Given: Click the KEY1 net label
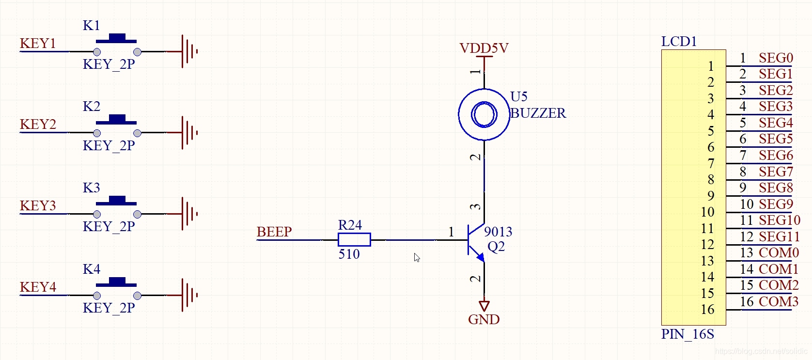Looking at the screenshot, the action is (38, 44).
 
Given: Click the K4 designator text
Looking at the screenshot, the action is (92, 269).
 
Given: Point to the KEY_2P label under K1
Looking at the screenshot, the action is (109, 64).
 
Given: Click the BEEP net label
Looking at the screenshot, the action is (274, 232).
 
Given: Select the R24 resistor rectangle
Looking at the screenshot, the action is (354, 240).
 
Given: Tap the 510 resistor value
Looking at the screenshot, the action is (349, 254).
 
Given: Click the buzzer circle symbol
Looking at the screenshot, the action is (484, 114).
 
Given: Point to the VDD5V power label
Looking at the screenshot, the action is (484, 48).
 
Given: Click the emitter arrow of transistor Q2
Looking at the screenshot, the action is (480, 257).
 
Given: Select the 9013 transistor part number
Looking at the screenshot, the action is (498, 232).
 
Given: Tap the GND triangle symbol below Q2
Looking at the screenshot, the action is (484, 306).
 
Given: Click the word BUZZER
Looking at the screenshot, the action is (538, 113).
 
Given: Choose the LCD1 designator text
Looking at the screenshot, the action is (679, 41).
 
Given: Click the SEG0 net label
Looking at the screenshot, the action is (776, 58).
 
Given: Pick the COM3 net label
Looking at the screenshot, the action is (779, 302).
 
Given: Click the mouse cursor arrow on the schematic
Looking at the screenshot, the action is (417, 257).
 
